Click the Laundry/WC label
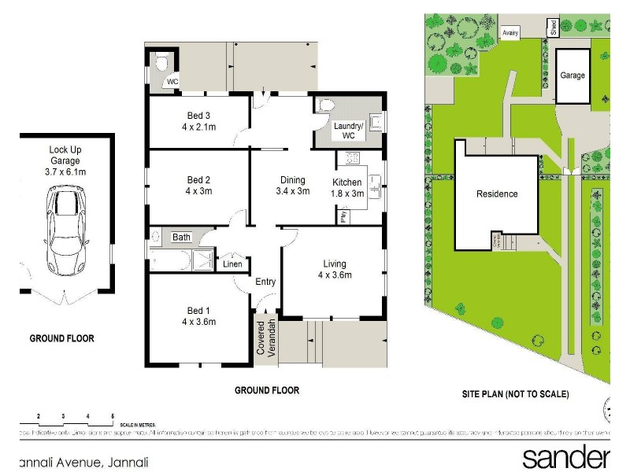[x=348, y=131]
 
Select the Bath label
[x=182, y=237]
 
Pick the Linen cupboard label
[x=233, y=264]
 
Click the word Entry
[x=265, y=282]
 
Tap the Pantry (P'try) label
[x=343, y=216]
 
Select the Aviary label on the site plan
[x=512, y=34]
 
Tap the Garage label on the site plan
[x=573, y=76]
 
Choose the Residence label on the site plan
[x=497, y=194]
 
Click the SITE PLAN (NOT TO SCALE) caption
[x=516, y=394]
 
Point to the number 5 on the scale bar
[x=113, y=415]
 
